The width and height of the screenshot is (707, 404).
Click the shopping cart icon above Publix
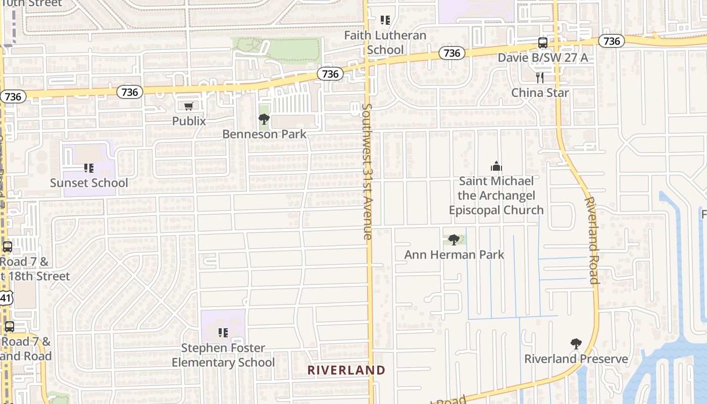coord(189,106)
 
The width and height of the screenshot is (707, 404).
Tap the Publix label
coord(189,121)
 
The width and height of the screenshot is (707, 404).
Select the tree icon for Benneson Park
coord(264,119)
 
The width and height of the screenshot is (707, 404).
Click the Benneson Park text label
coord(265,134)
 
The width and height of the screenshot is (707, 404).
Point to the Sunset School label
coord(89,183)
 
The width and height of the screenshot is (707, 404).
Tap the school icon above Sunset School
coord(89,168)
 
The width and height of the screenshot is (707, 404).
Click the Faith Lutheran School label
coord(385,42)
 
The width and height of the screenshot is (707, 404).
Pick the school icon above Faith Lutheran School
coord(385,20)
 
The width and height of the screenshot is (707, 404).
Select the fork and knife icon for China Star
coord(540,77)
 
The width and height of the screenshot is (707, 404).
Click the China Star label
coord(540,93)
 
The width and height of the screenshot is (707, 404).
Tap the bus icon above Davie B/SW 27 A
coord(543,43)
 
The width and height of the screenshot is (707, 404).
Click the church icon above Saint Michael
coord(496,166)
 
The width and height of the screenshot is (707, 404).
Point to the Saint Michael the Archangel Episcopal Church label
coord(496,195)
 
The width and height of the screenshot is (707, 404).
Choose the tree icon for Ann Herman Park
coord(454,239)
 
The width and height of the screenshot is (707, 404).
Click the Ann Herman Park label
coord(454,255)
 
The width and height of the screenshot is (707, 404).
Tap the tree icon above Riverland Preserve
coord(576,344)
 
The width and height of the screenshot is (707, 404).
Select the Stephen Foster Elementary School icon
coord(223,332)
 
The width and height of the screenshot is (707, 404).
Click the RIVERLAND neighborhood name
coord(346,370)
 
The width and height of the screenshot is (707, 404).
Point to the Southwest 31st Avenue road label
coord(368,172)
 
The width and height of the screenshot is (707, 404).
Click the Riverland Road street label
coord(591,240)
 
